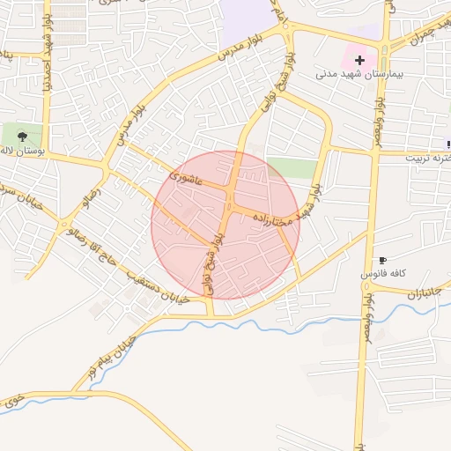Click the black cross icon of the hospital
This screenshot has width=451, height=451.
(359, 60)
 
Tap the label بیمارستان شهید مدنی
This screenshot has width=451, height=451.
(359, 76)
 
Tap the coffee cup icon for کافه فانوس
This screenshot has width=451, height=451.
(382, 260)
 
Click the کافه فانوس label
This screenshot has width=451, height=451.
(382, 276)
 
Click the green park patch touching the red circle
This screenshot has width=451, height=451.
(291, 167)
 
